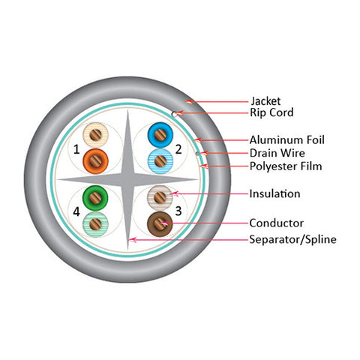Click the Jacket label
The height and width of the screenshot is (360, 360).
(x=265, y=101)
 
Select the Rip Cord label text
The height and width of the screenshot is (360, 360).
(x=271, y=112)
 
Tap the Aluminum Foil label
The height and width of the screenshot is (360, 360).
(x=287, y=139)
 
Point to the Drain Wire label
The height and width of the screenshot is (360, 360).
(x=277, y=153)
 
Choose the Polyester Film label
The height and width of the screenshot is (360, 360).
(x=286, y=166)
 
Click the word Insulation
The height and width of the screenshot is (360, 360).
(x=274, y=193)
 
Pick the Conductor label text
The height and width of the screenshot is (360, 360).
(x=277, y=223)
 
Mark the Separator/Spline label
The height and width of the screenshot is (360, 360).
(x=292, y=239)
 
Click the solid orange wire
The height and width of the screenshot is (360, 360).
(x=95, y=161)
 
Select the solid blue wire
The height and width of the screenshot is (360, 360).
(x=160, y=135)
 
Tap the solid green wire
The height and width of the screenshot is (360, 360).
(x=95, y=198)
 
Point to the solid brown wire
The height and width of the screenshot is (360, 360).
(x=160, y=224)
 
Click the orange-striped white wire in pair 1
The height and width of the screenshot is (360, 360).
(x=95, y=135)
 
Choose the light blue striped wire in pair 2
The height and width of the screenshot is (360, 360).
(x=160, y=161)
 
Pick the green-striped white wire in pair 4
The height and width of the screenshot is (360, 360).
(x=95, y=224)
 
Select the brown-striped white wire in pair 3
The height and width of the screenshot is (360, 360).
(x=160, y=198)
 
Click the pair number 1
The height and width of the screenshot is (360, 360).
(x=76, y=149)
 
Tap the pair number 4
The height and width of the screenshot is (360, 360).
(x=76, y=211)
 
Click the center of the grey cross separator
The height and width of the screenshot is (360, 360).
(x=127, y=179)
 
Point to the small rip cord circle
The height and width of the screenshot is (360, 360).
(x=174, y=114)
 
